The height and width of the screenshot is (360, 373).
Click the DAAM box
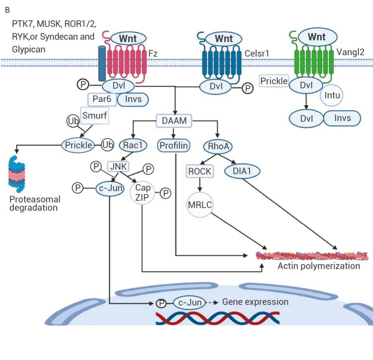tap(174, 121)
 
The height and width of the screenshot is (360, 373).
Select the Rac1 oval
tap(133, 145)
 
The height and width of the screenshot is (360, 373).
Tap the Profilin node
tap(174, 146)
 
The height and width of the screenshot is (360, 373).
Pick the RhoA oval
tap(218, 146)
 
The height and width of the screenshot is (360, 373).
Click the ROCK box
tap(200, 171)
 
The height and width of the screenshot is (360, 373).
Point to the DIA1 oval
tap(242, 171)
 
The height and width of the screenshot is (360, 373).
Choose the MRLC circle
tap(200, 205)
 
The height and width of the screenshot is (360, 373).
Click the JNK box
tap(118, 167)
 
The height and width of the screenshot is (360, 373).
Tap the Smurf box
tap(95, 115)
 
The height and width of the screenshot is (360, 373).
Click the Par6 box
tap(102, 99)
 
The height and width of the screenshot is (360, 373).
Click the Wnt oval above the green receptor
tap(317, 37)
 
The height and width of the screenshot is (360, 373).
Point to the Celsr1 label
tap(257, 53)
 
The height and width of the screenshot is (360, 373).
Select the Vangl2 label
tap(350, 52)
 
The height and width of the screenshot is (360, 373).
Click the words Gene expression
tap(255, 302)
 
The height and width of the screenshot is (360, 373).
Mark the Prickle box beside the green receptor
tap(274, 81)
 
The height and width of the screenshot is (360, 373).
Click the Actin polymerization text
tap(318, 266)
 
